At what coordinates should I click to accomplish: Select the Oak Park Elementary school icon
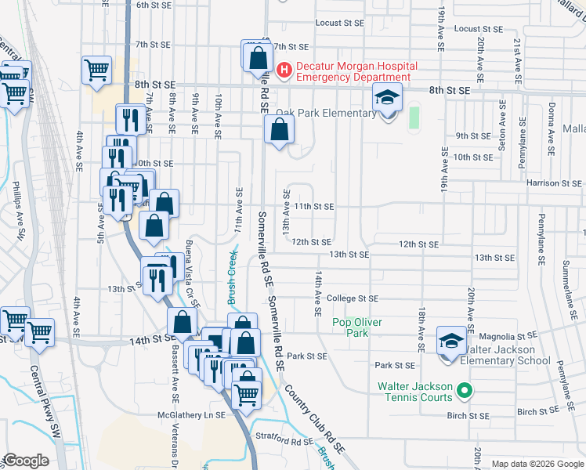tap(386, 99)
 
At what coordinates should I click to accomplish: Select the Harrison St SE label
tap(553, 183)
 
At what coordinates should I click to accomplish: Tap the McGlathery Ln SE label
tap(192, 415)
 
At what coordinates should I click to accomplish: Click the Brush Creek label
tap(232, 276)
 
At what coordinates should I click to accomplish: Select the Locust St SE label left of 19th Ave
tap(340, 23)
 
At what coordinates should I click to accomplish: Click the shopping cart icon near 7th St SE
tap(96, 69)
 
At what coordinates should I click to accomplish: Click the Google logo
tap(26, 461)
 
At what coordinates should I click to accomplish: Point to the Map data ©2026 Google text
tap(537, 464)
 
